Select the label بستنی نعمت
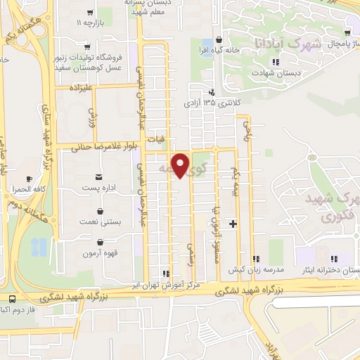coord(99,221)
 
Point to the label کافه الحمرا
coord(28,191)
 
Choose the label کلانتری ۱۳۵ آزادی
coord(212,103)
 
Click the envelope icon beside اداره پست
coord(98,174)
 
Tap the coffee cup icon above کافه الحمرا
coord(28,179)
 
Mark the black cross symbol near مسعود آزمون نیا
coord(233,224)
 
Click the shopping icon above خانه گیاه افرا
coord(221,39)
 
